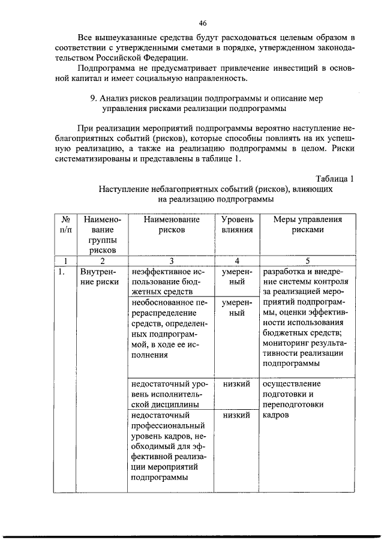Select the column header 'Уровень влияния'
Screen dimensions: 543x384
click(x=238, y=224)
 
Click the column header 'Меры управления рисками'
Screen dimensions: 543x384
click(x=307, y=224)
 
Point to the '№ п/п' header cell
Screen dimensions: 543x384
click(x=64, y=224)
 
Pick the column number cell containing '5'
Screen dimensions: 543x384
click(x=307, y=260)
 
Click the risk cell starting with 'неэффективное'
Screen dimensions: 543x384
click(x=165, y=282)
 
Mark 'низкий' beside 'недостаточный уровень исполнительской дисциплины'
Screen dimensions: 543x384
click(x=236, y=384)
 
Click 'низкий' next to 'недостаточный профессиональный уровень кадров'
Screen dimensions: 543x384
click(x=236, y=415)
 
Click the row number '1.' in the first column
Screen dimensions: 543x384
click(x=61, y=272)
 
